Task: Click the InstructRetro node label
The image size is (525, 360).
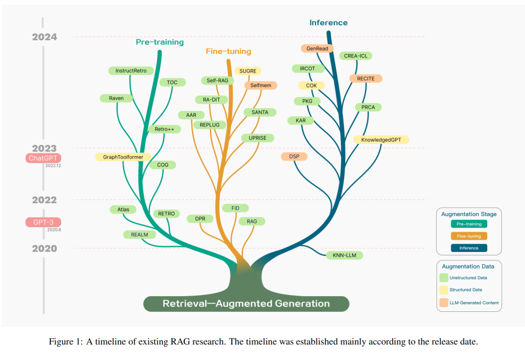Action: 131,71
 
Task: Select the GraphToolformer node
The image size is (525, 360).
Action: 123,157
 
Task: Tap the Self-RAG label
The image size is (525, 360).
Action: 217,80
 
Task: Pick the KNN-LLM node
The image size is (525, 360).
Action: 344,255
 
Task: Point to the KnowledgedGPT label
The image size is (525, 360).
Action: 381,140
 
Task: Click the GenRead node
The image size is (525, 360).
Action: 317,49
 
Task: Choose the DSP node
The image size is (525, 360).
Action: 294,157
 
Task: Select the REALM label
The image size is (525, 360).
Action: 140,234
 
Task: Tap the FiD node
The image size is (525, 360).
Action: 235,208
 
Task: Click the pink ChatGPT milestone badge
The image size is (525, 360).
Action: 43,158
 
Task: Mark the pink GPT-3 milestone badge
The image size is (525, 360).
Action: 43,222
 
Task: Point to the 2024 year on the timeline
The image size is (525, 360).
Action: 45,37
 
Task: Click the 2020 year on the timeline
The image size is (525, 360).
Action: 45,249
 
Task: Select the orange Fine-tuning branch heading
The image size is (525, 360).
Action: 228,51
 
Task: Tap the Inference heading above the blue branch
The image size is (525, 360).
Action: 329,23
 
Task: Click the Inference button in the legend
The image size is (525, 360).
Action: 469,248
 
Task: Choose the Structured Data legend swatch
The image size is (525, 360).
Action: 444,290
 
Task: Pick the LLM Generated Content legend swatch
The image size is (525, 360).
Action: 444,303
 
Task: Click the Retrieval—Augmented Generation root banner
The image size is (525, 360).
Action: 246,304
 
